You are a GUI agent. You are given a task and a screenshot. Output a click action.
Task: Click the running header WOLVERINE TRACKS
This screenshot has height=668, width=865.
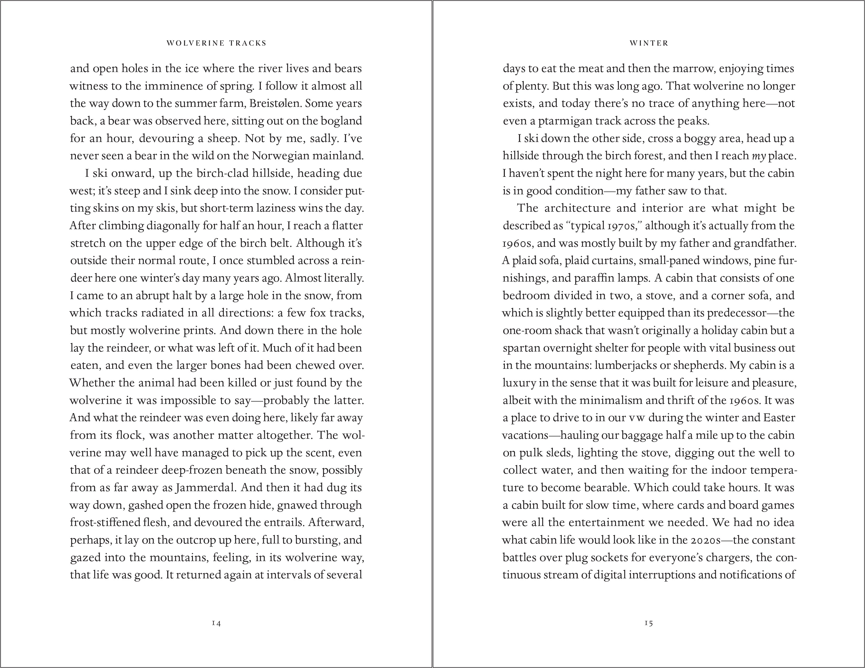216,43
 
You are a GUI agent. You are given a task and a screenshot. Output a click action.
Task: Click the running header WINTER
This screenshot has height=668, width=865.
649,43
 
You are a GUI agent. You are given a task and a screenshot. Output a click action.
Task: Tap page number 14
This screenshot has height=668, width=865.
216,623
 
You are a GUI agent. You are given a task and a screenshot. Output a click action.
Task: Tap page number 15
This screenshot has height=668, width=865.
649,623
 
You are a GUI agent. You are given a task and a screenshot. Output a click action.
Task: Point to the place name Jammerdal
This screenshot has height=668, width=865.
205,488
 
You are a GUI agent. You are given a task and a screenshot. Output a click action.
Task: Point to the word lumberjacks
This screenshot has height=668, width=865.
627,365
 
